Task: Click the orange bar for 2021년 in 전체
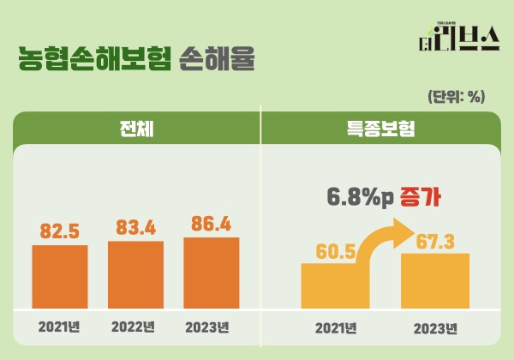pos(60,276)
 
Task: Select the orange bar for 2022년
pos(135,274)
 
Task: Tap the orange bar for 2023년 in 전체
pos(212,272)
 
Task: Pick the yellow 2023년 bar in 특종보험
pos(435,280)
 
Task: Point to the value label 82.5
pos(60,231)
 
